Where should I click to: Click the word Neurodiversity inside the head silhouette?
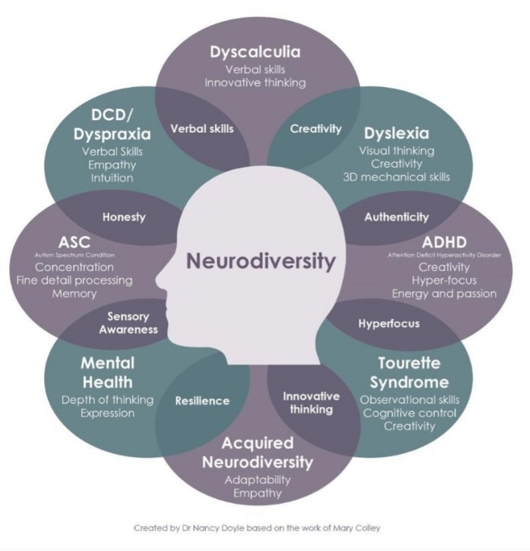click(261, 261)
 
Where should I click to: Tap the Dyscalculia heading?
click(255, 52)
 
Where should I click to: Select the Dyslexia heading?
click(396, 133)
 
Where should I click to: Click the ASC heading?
click(74, 241)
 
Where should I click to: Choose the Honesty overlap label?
click(124, 217)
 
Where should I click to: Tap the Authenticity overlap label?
click(396, 217)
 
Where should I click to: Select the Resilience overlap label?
click(202, 401)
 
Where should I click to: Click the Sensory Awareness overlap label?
click(128, 323)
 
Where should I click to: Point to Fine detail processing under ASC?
click(74, 280)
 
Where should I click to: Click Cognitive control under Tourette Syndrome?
click(409, 412)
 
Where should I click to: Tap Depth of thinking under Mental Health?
click(107, 400)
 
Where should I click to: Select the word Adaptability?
click(258, 479)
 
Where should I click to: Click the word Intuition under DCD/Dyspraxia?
click(112, 178)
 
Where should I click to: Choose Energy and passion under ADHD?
click(444, 293)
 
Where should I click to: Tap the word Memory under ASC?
click(74, 293)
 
